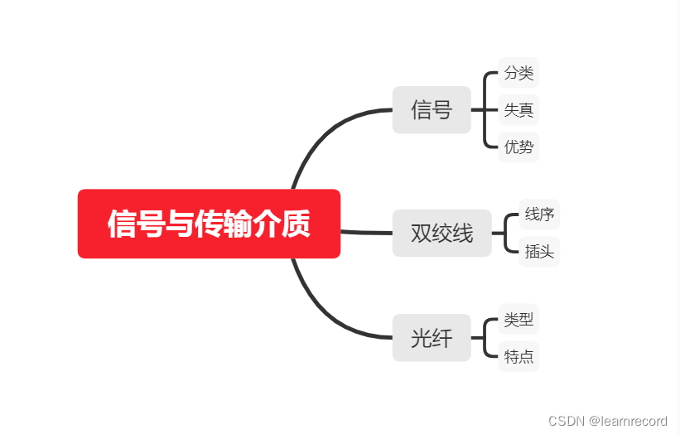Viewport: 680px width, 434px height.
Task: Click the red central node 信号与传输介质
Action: (x=209, y=224)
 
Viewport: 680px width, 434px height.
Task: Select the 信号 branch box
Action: (x=432, y=109)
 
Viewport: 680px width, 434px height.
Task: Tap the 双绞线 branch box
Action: (x=441, y=233)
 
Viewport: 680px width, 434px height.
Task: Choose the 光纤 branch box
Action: (x=432, y=337)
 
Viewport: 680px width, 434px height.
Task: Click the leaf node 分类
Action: (x=518, y=73)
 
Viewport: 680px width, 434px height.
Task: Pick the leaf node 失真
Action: (x=518, y=109)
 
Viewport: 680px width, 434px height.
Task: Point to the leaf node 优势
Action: (x=518, y=147)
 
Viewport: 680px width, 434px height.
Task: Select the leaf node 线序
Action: (x=539, y=215)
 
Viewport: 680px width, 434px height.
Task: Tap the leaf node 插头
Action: (x=539, y=251)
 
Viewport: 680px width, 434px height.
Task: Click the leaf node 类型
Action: (x=518, y=318)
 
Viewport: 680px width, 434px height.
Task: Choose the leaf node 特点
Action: (x=518, y=356)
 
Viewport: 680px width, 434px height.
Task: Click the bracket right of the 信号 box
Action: (x=485, y=109)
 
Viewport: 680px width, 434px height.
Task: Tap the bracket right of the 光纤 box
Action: (x=485, y=337)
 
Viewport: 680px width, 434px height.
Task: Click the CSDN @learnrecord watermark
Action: (x=608, y=421)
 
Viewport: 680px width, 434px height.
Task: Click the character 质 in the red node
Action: (x=296, y=224)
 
